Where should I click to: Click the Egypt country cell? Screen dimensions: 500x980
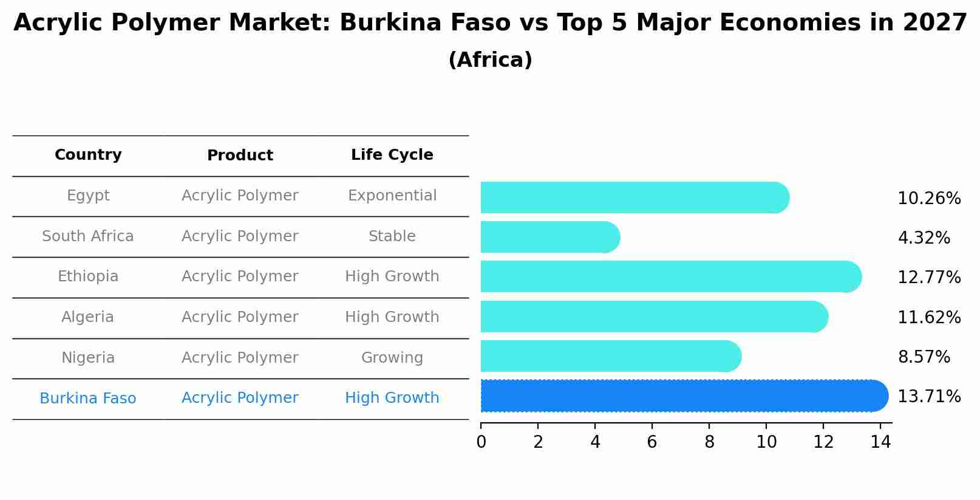click(88, 196)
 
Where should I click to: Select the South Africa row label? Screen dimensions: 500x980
click(88, 236)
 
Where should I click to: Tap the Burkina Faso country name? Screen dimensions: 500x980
click(88, 399)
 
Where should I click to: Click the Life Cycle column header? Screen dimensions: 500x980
click(392, 155)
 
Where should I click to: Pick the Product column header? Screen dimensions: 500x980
click(240, 156)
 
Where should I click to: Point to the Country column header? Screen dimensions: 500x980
click(88, 155)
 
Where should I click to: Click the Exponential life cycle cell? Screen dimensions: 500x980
click(392, 196)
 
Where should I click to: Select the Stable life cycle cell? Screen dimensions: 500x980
click(392, 236)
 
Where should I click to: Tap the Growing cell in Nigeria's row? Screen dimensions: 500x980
click(392, 358)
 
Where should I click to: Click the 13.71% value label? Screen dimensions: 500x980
click(929, 397)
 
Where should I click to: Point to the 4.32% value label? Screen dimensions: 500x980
click(924, 238)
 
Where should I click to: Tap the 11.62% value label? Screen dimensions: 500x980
click(929, 318)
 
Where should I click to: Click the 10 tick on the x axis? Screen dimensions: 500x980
click(766, 442)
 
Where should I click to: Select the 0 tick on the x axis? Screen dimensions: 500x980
click(481, 442)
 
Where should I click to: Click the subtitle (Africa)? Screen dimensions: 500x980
click(490, 60)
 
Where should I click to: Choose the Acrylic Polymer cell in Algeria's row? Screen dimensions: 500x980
click(240, 317)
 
